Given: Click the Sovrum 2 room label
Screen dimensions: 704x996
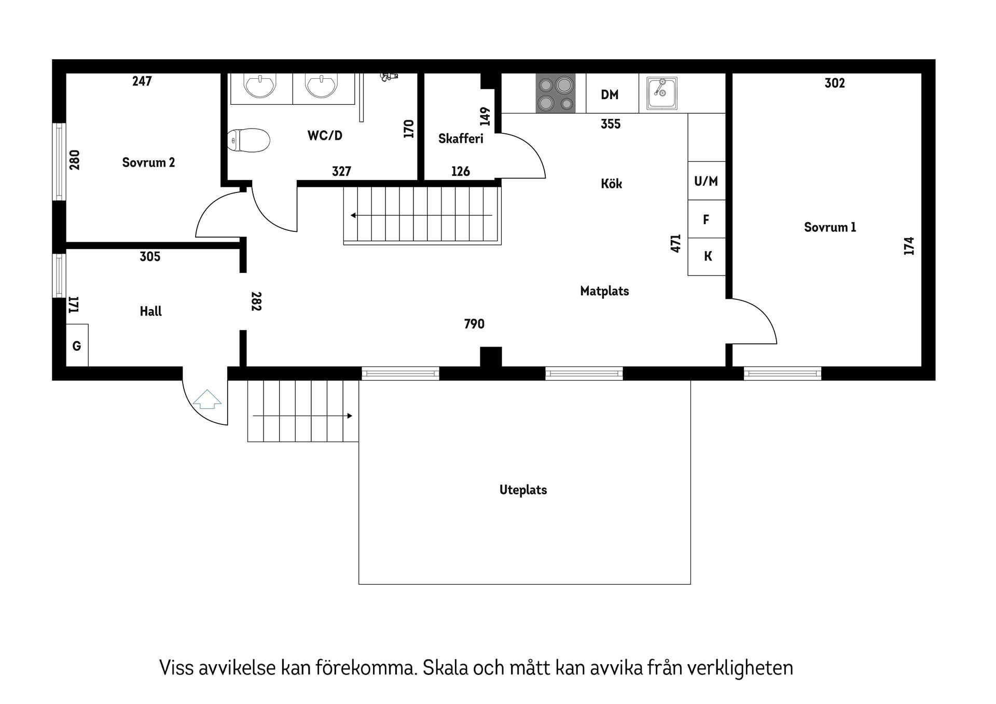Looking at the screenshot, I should coord(148,162).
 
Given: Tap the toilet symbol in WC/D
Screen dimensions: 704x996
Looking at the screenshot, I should coord(248,140).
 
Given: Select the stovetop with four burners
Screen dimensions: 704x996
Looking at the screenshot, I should coord(555,93).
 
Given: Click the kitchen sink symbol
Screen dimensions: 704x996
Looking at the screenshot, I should coord(661,93).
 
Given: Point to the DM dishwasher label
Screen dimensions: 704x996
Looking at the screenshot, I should coord(610,94).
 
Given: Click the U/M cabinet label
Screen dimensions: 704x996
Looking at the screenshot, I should coord(706,181).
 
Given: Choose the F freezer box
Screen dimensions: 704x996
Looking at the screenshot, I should coord(706,219).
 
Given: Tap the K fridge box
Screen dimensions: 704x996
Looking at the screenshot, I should coord(707,256).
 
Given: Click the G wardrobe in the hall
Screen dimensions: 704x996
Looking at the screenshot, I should coord(77,346).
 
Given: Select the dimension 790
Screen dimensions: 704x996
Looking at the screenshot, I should coord(474,324).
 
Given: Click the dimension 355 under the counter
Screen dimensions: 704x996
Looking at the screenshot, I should coord(611,124).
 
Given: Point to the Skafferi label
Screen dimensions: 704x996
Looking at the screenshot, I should coord(461,139).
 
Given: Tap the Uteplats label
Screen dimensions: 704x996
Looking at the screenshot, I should coord(523,490).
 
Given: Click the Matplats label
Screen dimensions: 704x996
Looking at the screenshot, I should coord(604,291).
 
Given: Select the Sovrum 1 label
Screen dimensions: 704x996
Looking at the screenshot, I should coord(830,227).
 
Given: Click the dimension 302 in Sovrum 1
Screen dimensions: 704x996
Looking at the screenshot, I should coord(835,83).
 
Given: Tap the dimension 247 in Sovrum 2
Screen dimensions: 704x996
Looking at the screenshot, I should coord(142,81).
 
